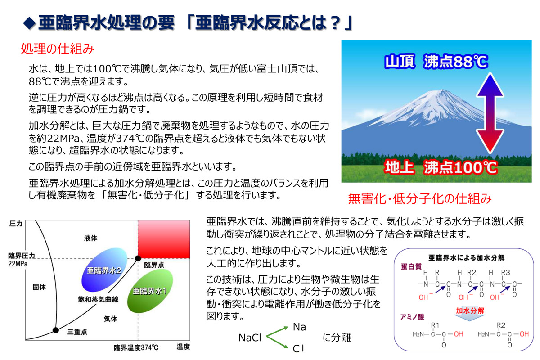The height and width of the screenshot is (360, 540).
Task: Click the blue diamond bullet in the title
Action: tap(29, 23)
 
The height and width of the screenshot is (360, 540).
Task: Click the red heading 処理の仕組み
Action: tap(57, 49)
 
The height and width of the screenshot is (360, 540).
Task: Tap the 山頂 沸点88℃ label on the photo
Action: tap(436, 62)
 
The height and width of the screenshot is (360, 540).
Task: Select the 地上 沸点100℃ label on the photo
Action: tap(441, 167)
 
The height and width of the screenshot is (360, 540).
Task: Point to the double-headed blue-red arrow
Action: tap(490, 113)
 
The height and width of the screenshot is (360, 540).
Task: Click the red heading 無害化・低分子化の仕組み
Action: tap(420, 199)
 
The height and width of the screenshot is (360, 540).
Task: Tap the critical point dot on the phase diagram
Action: tap(138, 258)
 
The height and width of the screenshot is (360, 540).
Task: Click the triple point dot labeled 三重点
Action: tap(56, 330)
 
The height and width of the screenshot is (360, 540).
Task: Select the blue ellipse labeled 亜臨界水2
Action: tap(104, 270)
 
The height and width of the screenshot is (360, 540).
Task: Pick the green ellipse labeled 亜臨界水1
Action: tap(150, 291)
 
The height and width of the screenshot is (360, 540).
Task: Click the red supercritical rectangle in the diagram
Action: tap(164, 239)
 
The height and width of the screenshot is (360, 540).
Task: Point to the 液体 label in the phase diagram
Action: tap(90, 238)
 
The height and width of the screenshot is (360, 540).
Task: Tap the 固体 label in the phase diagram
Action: tap(39, 287)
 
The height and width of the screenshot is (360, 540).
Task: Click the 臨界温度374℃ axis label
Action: tap(136, 347)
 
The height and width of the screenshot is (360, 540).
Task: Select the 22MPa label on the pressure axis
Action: tap(18, 264)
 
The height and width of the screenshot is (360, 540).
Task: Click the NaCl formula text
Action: tap(250, 337)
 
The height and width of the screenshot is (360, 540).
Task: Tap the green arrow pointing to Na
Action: tap(277, 332)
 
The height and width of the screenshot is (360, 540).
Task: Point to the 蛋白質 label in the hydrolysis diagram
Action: tap(411, 266)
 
